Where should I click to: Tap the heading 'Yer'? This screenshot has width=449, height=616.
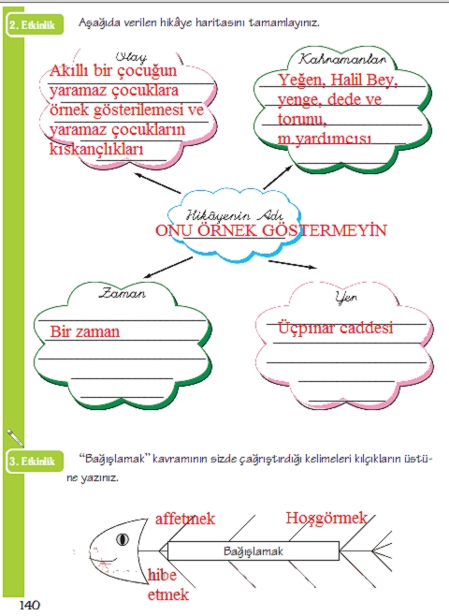(x=346, y=298)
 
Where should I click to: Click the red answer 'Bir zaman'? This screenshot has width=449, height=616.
(x=85, y=331)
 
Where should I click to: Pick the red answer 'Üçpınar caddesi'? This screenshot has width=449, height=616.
(x=335, y=329)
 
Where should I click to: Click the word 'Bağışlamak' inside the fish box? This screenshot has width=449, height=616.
(x=253, y=552)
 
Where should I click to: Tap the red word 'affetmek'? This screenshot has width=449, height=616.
(x=184, y=518)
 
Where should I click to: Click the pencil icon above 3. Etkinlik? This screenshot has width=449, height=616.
(x=14, y=436)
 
